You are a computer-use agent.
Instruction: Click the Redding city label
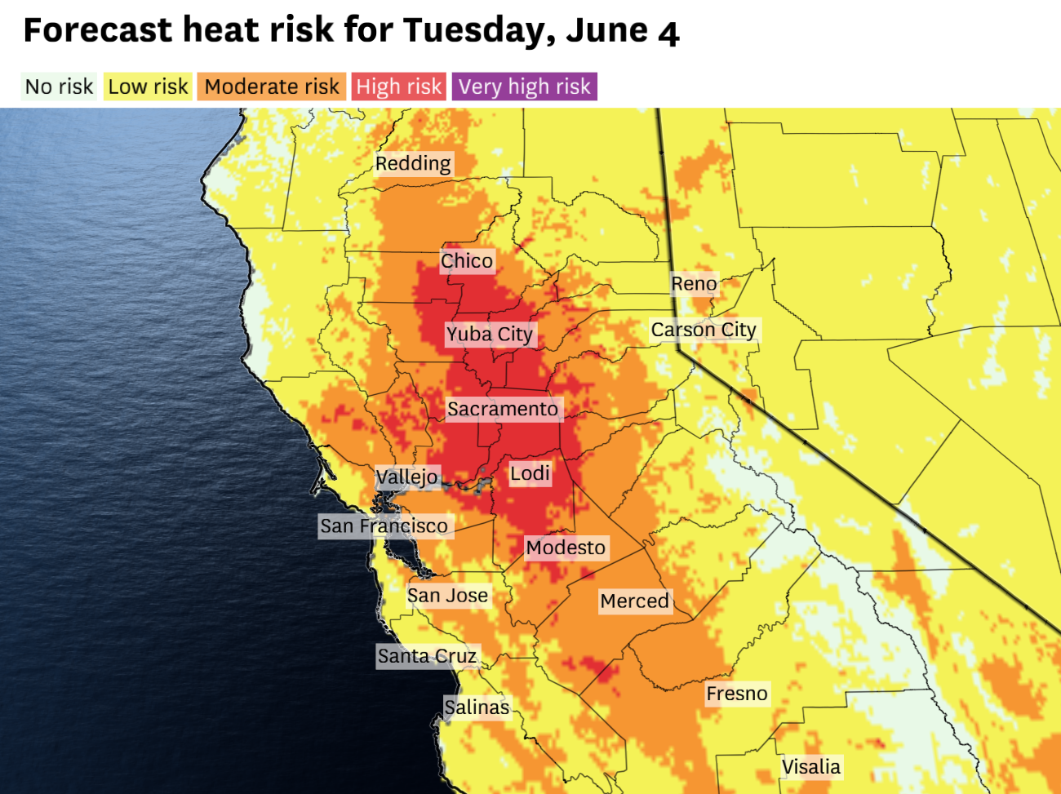point(413,164)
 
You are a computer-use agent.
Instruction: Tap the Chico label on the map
point(467,261)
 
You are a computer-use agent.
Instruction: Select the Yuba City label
point(490,335)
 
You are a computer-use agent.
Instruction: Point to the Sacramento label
point(503,410)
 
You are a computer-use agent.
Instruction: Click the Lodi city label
point(530,474)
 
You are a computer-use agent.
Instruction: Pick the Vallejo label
point(407,477)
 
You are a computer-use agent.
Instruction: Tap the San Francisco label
point(384,526)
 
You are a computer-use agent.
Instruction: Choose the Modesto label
point(566,548)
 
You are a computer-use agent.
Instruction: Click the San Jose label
point(448,597)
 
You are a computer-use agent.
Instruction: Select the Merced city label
point(634,601)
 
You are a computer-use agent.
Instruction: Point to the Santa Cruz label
point(427,656)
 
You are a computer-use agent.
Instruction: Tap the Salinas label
point(477,708)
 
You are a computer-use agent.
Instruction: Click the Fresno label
point(737,694)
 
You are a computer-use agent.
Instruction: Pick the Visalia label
point(810,767)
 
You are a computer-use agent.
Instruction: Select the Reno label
point(694,284)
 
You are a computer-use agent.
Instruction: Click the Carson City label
point(704,330)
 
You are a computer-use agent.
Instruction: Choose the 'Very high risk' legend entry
point(524,86)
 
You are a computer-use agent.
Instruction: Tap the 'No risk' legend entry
point(60,86)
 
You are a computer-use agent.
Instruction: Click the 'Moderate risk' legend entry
point(272,86)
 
